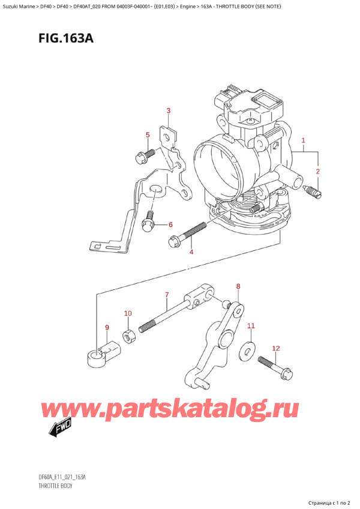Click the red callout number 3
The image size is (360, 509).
tap(169, 110)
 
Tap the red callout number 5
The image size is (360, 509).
tap(147, 135)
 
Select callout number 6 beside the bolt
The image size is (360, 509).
tap(170, 224)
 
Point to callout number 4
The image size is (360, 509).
tap(191, 253)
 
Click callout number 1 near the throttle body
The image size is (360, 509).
tap(304, 141)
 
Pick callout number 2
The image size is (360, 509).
tap(318, 172)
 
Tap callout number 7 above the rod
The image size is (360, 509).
tap(167, 294)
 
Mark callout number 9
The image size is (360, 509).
tap(107, 327)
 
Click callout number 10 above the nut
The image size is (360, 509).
tap(127, 313)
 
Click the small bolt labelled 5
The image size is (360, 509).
tap(143, 157)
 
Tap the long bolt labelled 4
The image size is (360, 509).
tap(187, 235)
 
